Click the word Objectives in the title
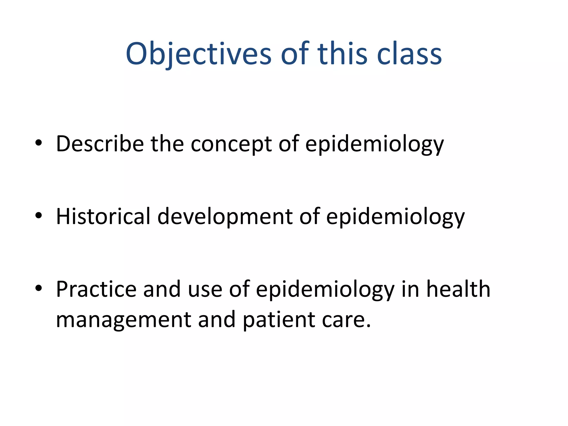[198, 54]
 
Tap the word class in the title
[409, 54]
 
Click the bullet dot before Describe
[39, 143]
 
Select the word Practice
[96, 289]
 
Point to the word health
[458, 289]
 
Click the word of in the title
[295, 54]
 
